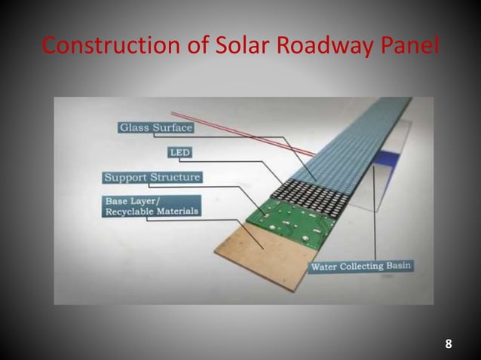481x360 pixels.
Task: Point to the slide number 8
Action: click(x=449, y=345)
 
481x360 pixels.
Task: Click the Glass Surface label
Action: click(x=156, y=127)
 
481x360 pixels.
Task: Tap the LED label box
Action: click(x=181, y=153)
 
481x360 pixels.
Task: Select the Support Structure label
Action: click(x=152, y=178)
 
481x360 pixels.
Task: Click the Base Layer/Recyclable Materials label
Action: click(x=152, y=206)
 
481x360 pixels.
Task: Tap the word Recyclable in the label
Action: click(x=126, y=212)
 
